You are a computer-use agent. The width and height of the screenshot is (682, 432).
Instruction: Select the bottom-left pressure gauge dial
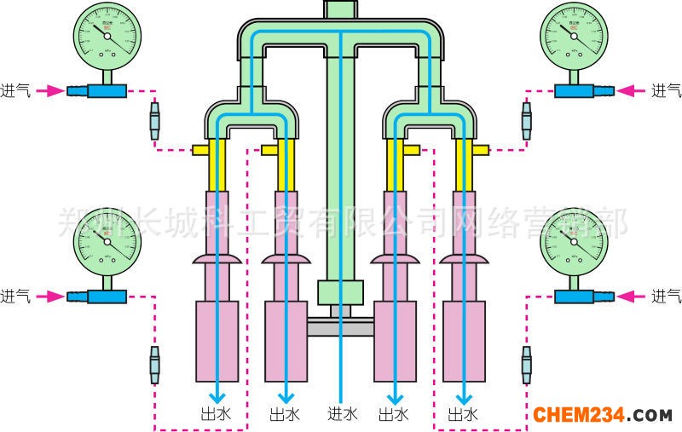pos(106,241)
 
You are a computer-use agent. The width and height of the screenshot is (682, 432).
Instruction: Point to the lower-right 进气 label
pos(666,297)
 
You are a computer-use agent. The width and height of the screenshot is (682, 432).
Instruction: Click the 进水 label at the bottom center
pos(342,415)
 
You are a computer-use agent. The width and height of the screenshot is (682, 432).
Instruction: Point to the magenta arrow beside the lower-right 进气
pos(630,297)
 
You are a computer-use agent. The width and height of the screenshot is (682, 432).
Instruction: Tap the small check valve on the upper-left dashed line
pos(154,122)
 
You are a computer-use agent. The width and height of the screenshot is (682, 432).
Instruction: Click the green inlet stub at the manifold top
pos(341,9)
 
